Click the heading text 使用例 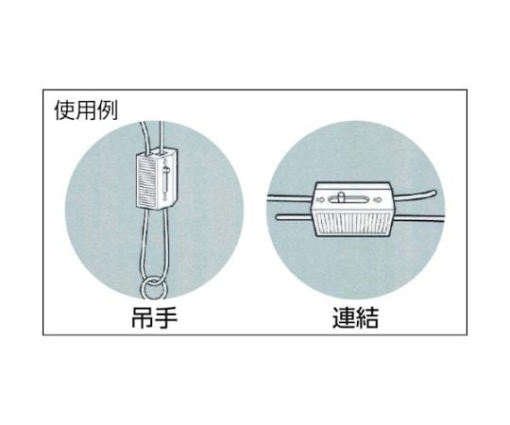86,110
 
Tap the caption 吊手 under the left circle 155,317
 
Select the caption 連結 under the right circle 355,317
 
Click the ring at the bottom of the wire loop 153,288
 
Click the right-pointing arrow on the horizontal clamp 378,199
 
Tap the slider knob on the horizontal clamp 341,197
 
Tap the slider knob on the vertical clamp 166,170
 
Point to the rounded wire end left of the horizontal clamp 294,217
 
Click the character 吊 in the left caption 143,317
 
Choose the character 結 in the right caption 367,317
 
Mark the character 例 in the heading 108,110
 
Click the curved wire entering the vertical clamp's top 145,137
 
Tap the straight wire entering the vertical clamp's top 161,135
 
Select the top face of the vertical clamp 158,152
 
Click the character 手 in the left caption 166,317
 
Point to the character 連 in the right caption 344,317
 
